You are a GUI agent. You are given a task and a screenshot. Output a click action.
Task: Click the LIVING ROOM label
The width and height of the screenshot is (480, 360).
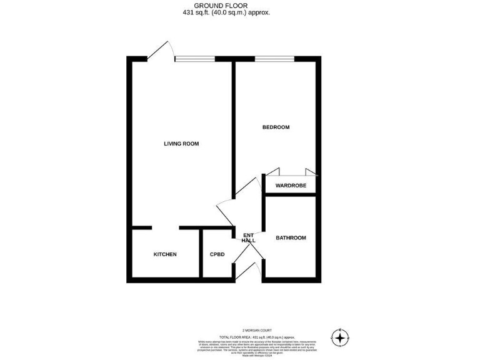[181, 144]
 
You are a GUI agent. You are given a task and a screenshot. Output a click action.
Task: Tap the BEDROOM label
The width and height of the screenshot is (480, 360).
[276, 127]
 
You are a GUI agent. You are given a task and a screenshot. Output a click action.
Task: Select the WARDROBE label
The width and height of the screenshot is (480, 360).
[291, 185]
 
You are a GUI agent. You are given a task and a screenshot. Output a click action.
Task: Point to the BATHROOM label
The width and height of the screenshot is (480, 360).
[291, 237]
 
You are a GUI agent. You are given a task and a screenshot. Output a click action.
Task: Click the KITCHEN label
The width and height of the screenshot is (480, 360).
[166, 254]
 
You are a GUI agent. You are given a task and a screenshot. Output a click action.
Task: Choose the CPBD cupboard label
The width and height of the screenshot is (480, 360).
[216, 254]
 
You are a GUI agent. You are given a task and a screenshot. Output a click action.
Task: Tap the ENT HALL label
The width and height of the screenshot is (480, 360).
[249, 237]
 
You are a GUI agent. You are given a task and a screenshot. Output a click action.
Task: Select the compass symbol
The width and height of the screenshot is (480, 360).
[339, 338]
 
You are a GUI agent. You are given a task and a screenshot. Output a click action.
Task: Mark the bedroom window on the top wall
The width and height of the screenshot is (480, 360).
[275, 59]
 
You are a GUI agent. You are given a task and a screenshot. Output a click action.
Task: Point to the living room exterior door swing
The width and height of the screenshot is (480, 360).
[161, 50]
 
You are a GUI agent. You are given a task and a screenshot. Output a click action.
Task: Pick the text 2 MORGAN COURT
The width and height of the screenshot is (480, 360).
[257, 330]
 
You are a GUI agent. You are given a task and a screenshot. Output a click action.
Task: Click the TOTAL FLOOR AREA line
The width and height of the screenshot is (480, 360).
[257, 336]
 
